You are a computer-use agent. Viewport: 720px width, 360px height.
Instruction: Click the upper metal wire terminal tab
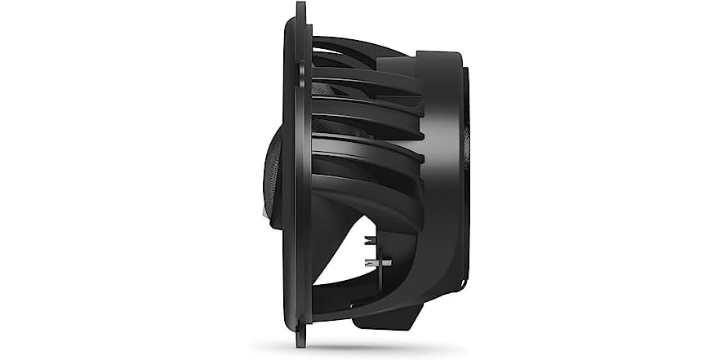click(372, 239)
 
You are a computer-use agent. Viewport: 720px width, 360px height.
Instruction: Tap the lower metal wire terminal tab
click(378, 263)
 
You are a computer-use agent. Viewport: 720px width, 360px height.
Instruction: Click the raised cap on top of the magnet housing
click(432, 57)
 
